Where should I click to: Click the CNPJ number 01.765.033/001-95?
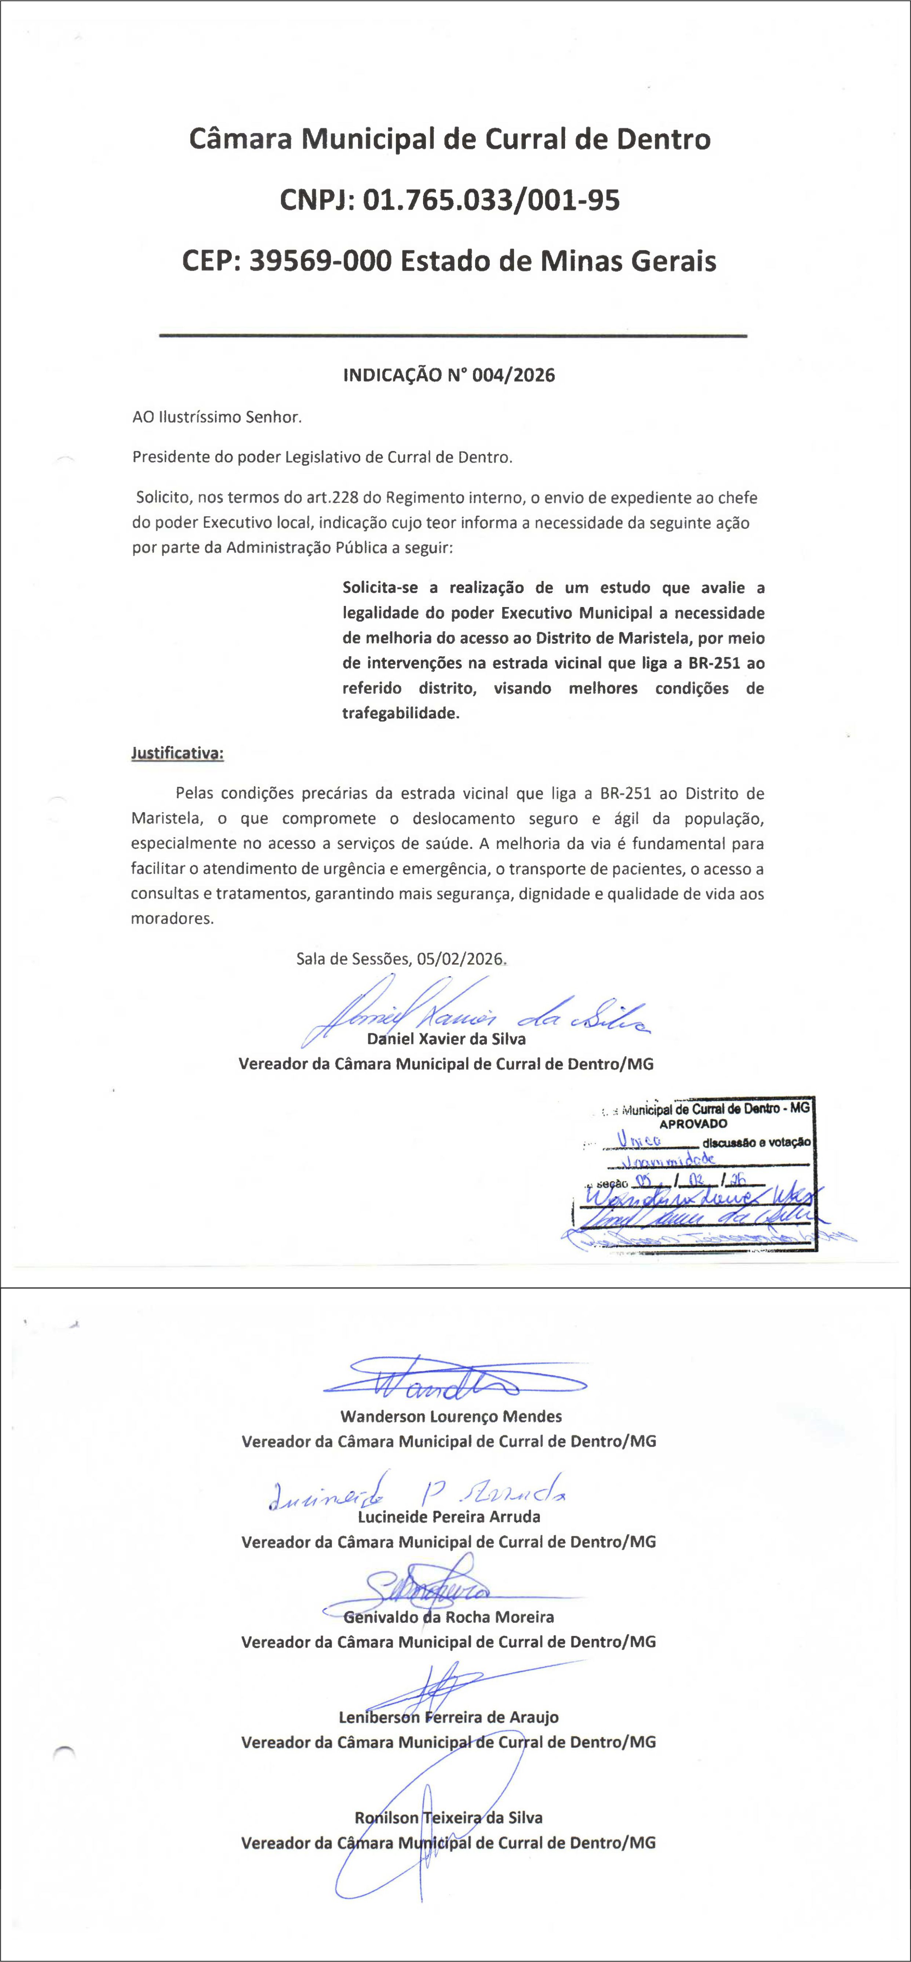tap(491, 200)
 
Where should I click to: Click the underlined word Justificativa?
tap(178, 753)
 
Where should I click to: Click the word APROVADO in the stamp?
tap(693, 1123)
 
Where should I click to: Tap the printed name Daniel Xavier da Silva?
tap(447, 1039)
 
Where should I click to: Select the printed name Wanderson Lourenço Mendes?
tap(451, 1417)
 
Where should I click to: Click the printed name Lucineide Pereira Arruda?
tap(449, 1516)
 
